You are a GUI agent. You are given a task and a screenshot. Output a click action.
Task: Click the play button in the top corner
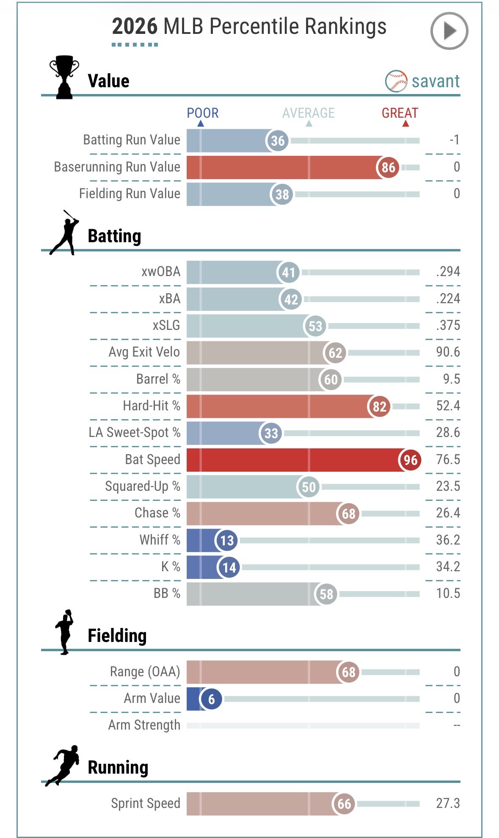coord(449,31)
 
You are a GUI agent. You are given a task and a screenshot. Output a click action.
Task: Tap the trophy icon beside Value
coord(64,77)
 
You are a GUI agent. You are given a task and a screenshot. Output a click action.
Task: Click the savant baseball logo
coord(396,81)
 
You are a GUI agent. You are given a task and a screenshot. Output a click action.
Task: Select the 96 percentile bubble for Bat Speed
coord(410,460)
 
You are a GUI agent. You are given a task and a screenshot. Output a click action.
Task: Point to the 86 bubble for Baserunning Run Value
coord(388,168)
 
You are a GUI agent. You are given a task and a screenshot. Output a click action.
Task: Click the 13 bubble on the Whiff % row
coord(227,540)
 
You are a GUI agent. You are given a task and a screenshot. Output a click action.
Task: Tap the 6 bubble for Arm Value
coord(211,699)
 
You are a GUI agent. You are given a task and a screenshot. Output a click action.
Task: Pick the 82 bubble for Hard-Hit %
coord(379,407)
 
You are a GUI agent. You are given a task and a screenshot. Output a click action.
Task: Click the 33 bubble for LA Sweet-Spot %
coord(271,433)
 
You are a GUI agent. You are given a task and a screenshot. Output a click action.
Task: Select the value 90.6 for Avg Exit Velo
coord(448,352)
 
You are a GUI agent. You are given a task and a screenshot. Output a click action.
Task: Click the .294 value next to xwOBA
coord(448,271)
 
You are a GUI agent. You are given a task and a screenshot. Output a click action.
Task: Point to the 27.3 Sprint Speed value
coord(448,803)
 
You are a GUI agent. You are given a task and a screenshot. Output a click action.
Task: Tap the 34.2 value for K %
coord(448,567)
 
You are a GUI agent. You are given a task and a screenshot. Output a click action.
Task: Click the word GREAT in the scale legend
coord(400,113)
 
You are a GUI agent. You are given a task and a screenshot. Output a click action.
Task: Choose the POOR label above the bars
coord(203,113)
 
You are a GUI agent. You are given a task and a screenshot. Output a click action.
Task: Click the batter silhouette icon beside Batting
coord(65,233)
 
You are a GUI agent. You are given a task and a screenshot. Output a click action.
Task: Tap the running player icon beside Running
coord(63,765)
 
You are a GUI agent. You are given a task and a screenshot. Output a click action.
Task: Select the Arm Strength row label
coord(144,725)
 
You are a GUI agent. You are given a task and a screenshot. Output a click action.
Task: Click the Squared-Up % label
coord(143,486)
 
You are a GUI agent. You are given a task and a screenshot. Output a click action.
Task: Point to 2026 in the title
coord(135,27)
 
